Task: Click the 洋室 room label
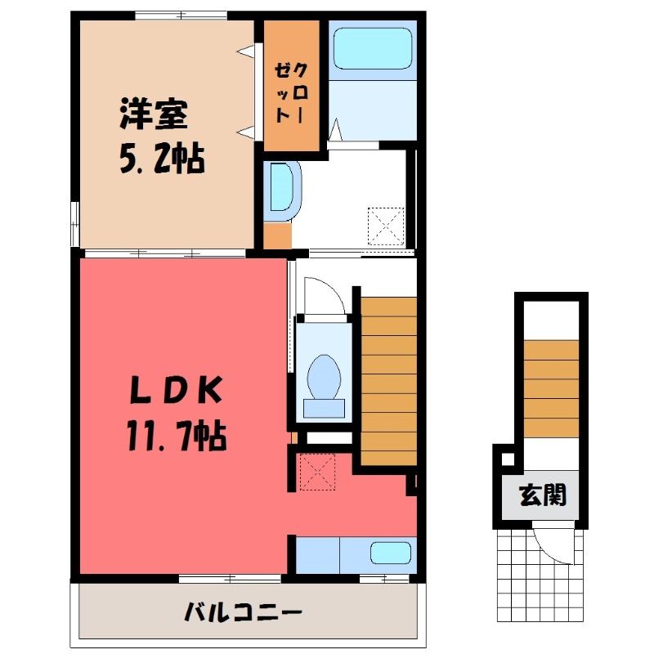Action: click(x=154, y=114)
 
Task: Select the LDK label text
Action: click(x=175, y=390)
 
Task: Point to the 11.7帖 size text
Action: click(x=177, y=436)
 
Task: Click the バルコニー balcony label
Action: click(x=243, y=612)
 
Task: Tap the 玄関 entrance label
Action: click(x=543, y=495)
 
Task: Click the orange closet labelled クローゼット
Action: click(x=292, y=86)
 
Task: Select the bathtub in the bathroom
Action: click(x=373, y=48)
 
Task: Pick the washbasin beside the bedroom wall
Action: click(x=282, y=191)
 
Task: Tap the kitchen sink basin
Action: click(x=391, y=553)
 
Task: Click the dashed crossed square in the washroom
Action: click(x=386, y=226)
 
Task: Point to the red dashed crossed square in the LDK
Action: click(x=317, y=472)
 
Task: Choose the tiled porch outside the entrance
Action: click(x=540, y=576)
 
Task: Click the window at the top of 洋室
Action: click(x=181, y=16)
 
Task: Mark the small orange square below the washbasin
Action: click(x=278, y=235)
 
